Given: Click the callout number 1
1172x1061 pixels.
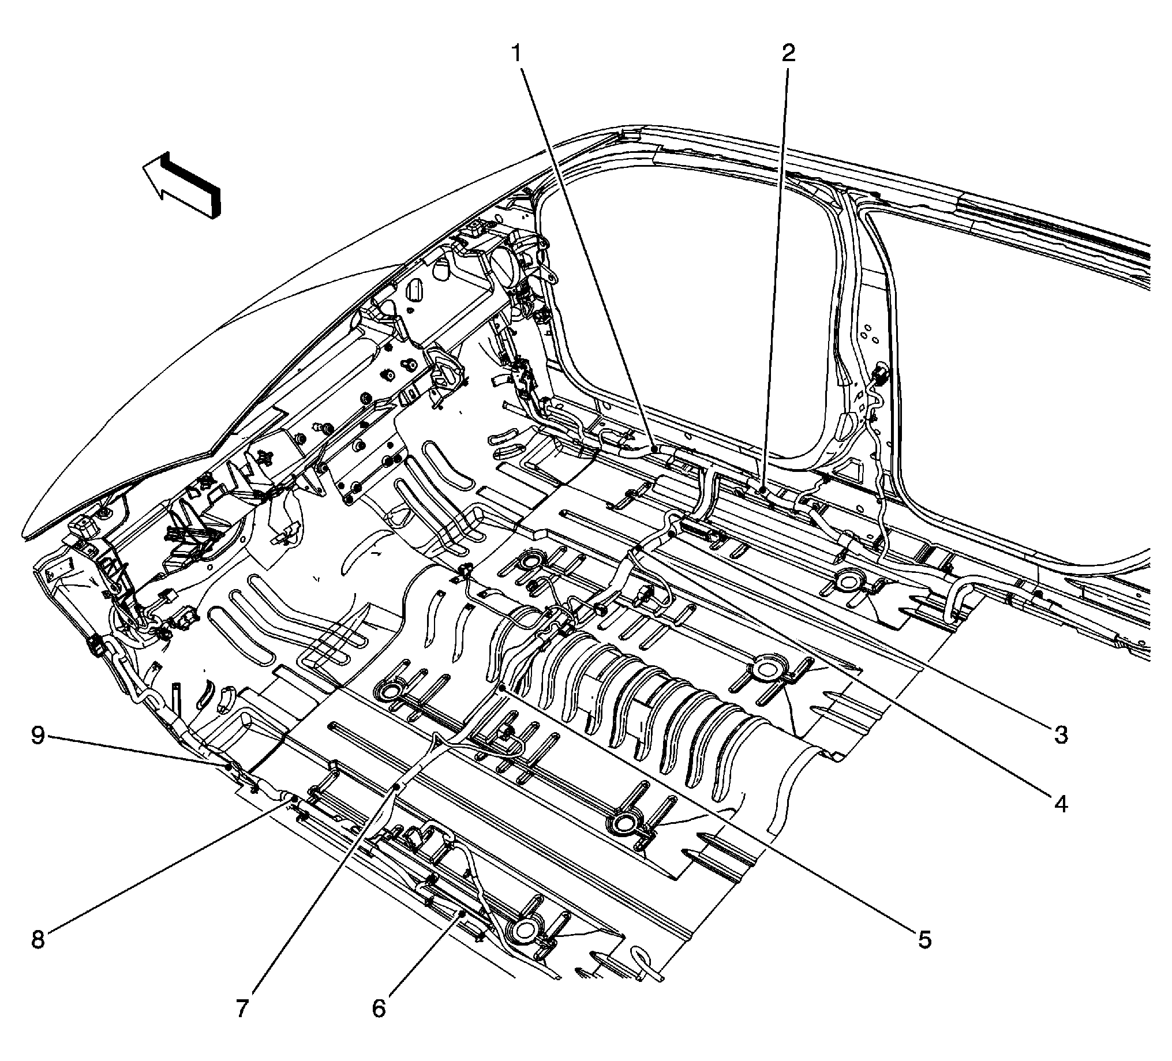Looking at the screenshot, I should click(517, 54).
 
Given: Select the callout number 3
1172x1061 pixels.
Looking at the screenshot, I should click(1061, 736).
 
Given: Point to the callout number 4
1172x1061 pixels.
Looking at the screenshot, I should click(1061, 805).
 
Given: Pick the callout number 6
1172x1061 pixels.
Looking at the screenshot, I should click(379, 1008).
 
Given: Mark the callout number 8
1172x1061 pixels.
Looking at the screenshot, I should click(38, 940).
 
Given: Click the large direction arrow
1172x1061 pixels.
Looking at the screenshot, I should click(183, 185).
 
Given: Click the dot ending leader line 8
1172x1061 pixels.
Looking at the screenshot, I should click(294, 801).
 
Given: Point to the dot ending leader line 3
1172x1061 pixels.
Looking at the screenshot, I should click(672, 533).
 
